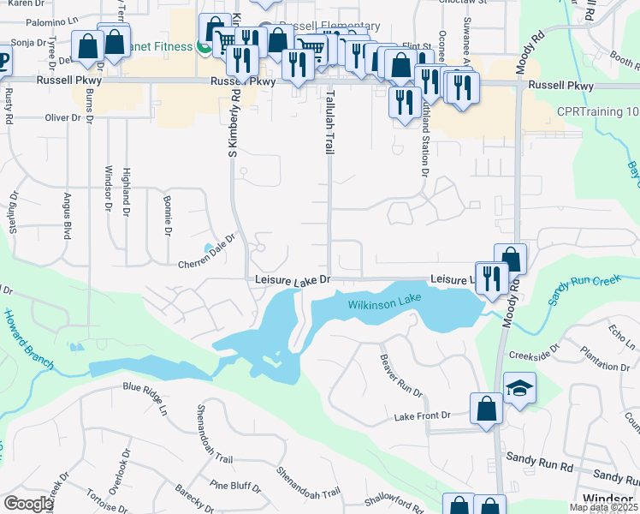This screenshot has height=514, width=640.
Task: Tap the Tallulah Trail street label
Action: (328, 121)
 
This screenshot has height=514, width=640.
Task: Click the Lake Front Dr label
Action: (422, 416)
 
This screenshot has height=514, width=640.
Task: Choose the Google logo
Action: (28, 503)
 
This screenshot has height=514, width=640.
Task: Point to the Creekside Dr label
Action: (533, 353)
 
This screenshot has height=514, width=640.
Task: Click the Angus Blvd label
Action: (67, 216)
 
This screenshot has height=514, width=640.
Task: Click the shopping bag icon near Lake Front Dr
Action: (486, 409)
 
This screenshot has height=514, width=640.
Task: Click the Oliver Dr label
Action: (62, 117)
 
